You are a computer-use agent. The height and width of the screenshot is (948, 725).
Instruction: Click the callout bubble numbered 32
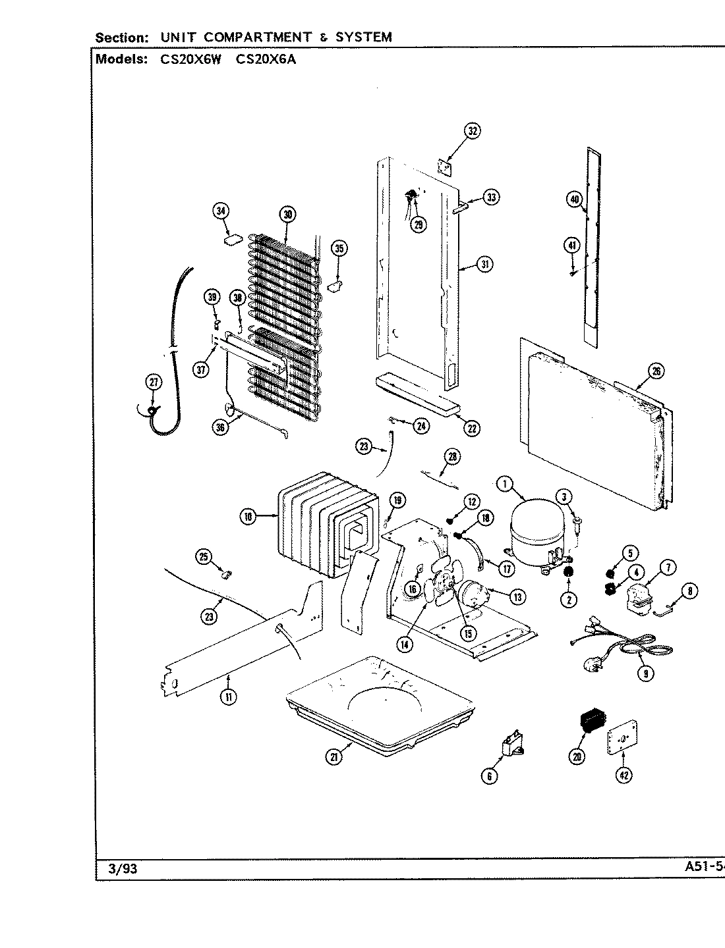[x=472, y=131]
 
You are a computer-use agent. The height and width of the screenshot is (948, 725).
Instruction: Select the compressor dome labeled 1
[x=535, y=538]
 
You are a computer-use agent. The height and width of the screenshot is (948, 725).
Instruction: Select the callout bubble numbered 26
[x=656, y=371]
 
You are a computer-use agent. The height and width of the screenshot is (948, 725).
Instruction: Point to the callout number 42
[x=624, y=776]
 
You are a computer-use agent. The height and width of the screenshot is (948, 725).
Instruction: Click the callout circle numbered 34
[x=221, y=211]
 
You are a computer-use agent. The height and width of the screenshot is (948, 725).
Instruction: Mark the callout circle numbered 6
[x=489, y=777]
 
